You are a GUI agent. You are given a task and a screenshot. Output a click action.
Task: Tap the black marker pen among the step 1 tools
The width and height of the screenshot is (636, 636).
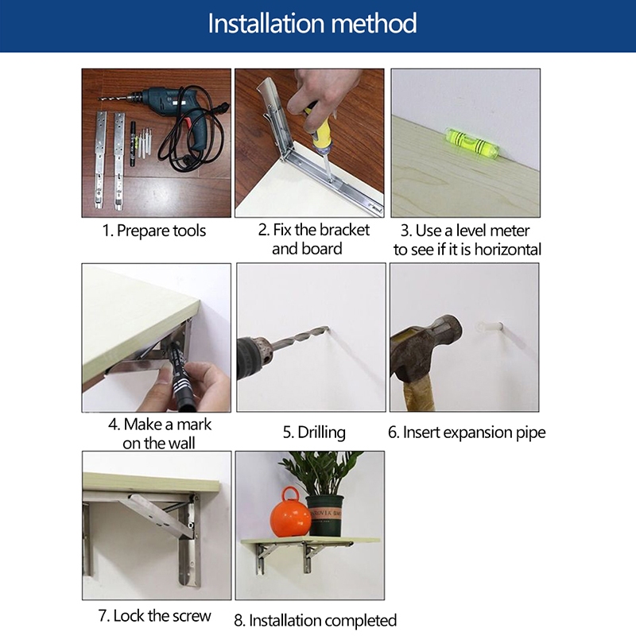point(133,143)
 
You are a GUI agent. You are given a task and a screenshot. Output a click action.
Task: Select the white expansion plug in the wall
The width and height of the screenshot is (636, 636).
point(490,327)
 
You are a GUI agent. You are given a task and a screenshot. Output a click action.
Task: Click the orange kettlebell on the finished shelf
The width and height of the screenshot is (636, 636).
point(290,513)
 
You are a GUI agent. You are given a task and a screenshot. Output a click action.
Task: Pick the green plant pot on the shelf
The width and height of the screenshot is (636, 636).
point(325,515)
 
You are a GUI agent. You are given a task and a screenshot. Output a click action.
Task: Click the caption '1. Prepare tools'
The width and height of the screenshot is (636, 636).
point(154,231)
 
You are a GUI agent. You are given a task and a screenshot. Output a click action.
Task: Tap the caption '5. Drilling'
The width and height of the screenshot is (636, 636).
point(314,432)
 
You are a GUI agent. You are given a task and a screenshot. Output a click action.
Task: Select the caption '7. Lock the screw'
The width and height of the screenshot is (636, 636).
point(154,615)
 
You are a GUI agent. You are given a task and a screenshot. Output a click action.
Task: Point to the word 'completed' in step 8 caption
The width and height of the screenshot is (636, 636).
point(359,621)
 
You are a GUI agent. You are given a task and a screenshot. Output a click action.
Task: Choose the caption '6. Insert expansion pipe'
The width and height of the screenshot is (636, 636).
point(467,432)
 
